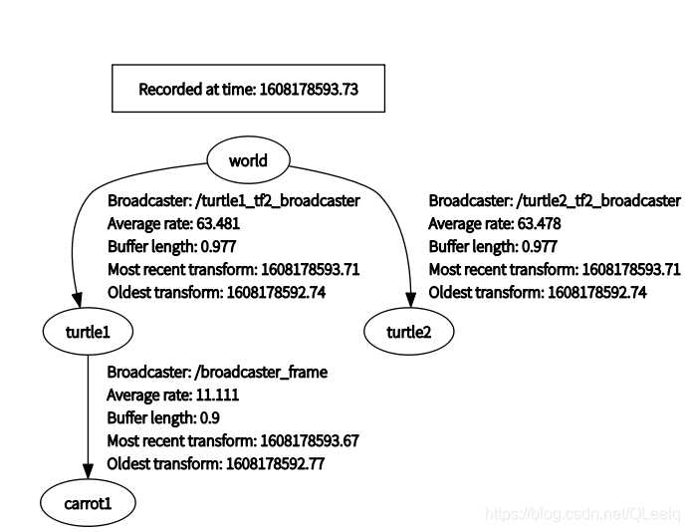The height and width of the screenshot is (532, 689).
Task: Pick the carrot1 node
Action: (x=87, y=503)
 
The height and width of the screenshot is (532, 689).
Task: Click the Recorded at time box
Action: (x=247, y=89)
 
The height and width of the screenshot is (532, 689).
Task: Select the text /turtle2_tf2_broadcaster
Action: (x=601, y=201)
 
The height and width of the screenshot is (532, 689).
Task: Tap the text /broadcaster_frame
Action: (x=262, y=373)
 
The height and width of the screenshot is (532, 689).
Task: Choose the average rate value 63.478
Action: (x=538, y=224)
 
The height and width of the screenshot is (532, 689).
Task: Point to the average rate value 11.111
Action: (x=217, y=396)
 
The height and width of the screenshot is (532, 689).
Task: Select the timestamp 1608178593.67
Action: (x=308, y=441)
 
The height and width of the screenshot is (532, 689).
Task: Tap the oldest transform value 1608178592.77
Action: (x=276, y=464)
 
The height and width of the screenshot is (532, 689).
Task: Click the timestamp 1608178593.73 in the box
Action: (x=308, y=89)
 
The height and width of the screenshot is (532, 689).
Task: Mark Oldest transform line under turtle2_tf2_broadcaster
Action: (x=538, y=293)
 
